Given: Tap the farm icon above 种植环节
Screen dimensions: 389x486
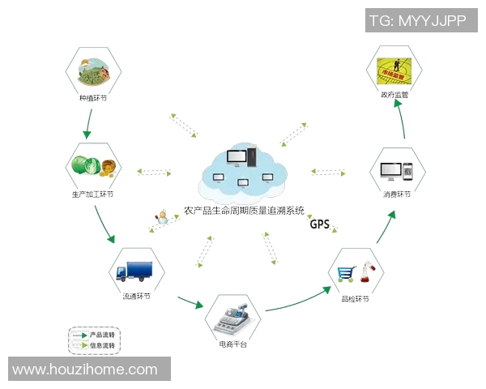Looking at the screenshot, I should point(93,71).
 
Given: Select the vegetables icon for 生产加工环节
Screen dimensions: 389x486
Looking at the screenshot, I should point(93,166).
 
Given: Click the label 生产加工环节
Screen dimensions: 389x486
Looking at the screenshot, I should point(93,194).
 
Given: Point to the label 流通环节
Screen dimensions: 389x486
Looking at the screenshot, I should point(136,296).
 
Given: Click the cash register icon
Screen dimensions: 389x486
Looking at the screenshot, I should point(232,318).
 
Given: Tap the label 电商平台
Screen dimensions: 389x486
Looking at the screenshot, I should point(232,346).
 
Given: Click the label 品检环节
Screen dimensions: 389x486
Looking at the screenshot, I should point(356,299).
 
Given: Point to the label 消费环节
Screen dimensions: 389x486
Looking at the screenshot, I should point(397,194).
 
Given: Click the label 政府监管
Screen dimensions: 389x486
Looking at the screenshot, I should point(394,95).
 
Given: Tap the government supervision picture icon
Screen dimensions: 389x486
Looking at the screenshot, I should point(394,69).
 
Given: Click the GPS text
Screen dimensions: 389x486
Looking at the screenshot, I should point(319,224).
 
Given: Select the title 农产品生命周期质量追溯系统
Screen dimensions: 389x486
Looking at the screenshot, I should point(244,210).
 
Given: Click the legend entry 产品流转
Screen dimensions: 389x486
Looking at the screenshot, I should point(102,334).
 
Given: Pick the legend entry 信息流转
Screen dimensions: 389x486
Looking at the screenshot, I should point(102,345).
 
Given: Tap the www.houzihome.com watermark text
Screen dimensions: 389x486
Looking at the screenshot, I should point(85,370).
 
